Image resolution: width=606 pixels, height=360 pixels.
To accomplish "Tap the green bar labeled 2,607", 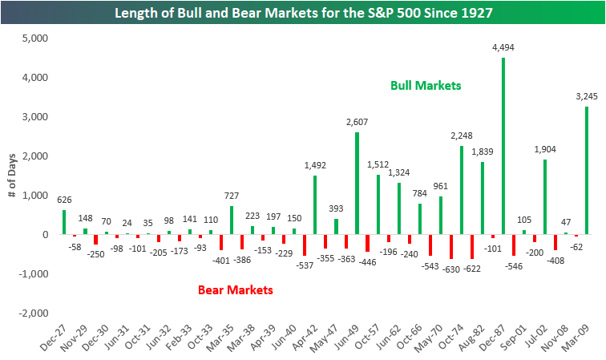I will click(357, 184).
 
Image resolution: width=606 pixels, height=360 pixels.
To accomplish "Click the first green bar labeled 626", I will click(64, 222).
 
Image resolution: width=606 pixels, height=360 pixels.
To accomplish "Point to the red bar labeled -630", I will click(451, 247).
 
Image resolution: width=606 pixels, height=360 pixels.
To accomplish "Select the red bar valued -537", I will click(304, 245).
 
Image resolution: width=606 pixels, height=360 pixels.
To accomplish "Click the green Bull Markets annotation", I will click(426, 85).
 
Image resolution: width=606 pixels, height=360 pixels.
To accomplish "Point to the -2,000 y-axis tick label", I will click(33, 313).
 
